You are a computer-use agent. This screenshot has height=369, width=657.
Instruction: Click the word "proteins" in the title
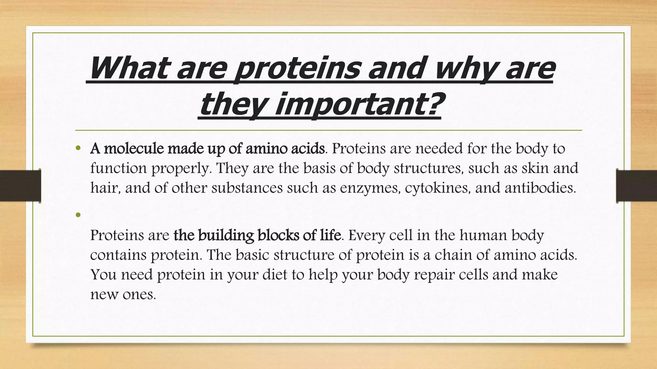pyautogui.click(x=298, y=69)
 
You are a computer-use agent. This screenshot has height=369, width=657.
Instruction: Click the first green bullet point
pyautogui.click(x=78, y=148)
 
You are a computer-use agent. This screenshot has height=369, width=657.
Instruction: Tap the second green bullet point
pyautogui.click(x=78, y=215)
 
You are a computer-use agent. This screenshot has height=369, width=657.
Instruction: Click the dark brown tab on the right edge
pyautogui.click(x=636, y=186)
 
